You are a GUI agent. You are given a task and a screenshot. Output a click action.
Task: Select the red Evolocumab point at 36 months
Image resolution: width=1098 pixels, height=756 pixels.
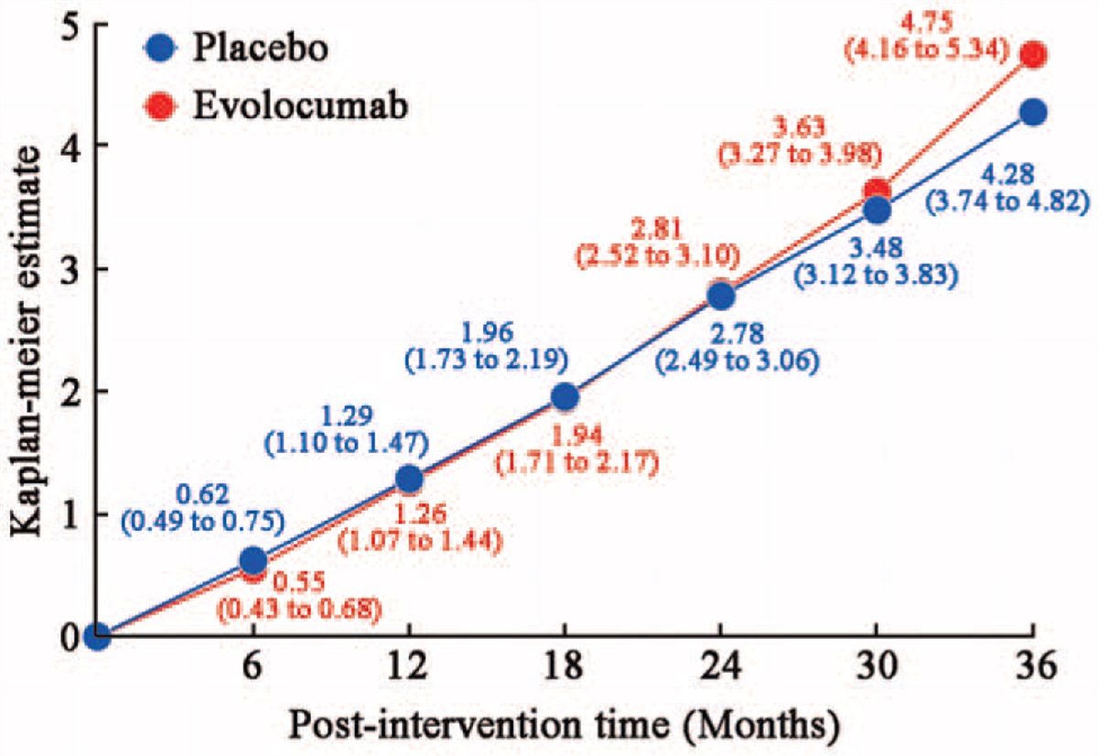[1033, 55]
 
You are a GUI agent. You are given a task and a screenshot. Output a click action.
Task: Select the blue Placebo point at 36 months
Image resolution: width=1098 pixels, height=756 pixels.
[1033, 113]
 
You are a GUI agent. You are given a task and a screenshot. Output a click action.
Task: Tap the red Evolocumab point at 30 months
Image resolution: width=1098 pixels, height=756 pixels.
[877, 192]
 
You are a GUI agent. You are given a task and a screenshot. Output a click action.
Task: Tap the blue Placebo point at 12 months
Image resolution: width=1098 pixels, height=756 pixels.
[409, 478]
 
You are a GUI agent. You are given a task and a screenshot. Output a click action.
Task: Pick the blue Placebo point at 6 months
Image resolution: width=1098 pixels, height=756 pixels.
[253, 560]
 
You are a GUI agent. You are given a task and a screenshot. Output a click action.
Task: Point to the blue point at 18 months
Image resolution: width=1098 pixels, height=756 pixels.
[565, 396]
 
